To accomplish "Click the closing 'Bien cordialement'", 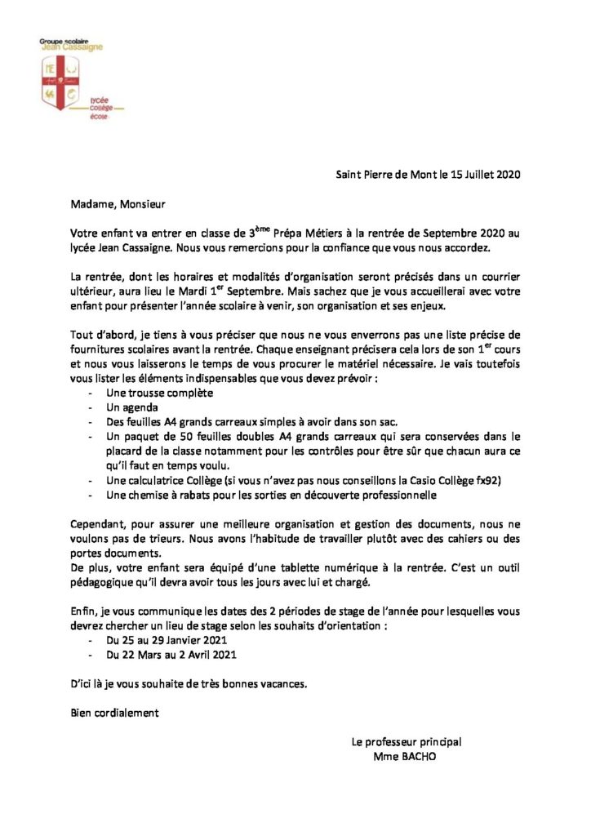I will pos(113,712).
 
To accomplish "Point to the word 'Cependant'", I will pos(100,523).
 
